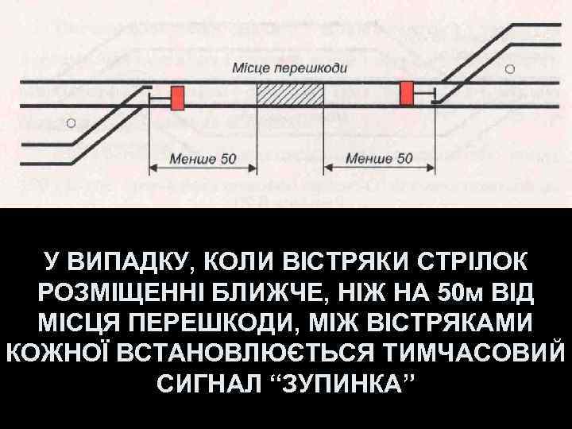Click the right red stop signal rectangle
(x=408, y=92)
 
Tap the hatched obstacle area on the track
(x=289, y=94)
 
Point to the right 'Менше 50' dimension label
(x=379, y=157)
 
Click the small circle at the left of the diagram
(x=71, y=123)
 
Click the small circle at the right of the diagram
(x=509, y=68)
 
